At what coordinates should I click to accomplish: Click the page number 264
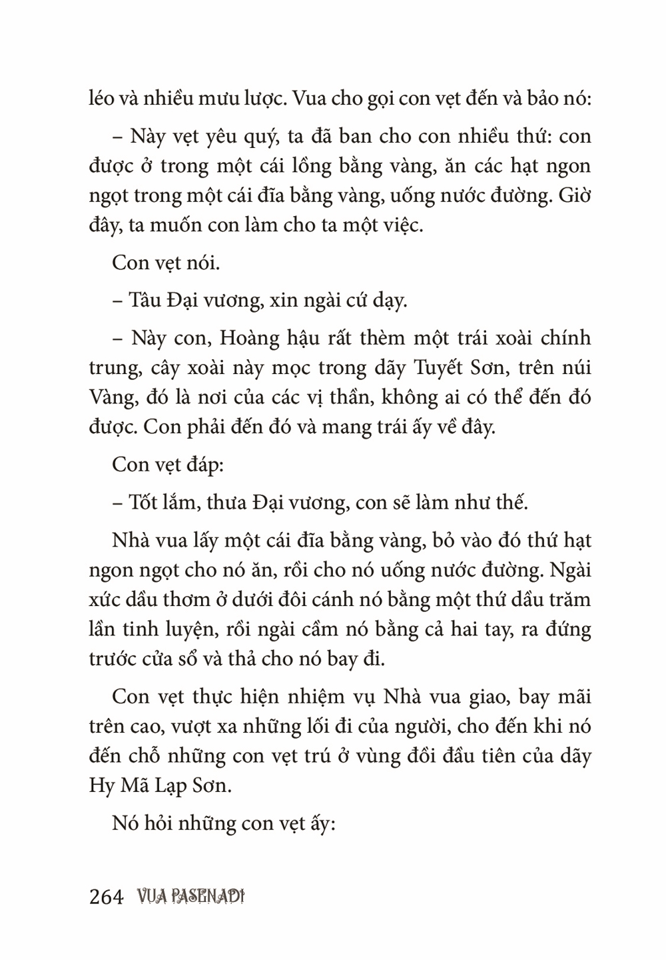point(106,897)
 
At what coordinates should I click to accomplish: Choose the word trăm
point(568,599)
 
